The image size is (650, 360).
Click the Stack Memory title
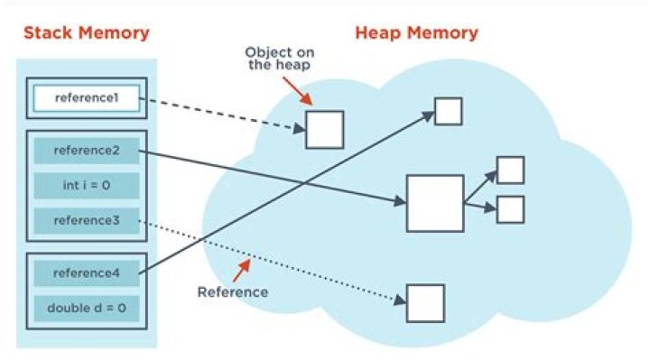(86, 34)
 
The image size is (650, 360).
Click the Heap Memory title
(415, 34)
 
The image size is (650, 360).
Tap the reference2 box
(87, 150)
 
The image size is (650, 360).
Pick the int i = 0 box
(87, 185)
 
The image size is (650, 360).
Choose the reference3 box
(87, 220)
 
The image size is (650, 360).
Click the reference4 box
(87, 272)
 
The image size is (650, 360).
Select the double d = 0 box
(87, 308)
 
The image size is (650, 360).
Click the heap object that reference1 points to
(324, 129)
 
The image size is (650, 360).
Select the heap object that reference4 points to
(448, 110)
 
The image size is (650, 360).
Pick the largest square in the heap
(434, 204)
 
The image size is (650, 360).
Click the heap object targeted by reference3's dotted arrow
(424, 302)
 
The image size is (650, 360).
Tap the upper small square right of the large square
(510, 170)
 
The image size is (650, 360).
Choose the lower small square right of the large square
(510, 209)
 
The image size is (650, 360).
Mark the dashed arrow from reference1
(221, 115)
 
